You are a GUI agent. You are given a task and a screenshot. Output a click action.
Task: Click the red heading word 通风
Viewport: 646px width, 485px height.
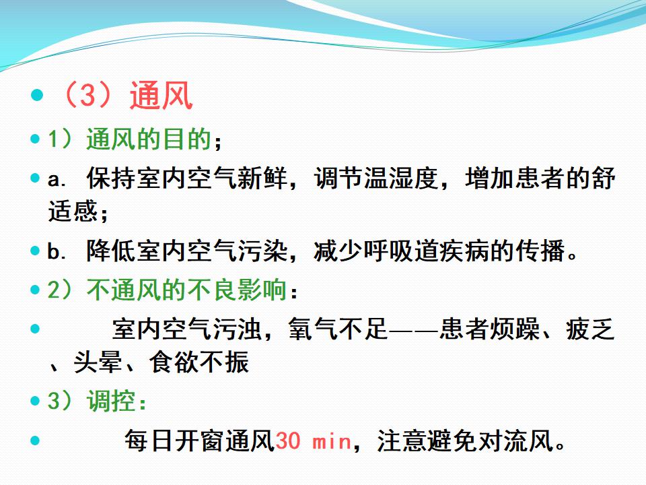[161, 95]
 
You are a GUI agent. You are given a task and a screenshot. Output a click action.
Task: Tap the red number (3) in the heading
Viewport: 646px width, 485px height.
[87, 95]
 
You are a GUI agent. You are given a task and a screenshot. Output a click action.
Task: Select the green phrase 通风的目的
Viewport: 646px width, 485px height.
[149, 139]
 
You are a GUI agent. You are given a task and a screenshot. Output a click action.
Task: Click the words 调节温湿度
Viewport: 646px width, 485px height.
[375, 178]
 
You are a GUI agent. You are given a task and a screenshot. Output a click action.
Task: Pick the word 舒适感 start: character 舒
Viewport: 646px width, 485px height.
[603, 178]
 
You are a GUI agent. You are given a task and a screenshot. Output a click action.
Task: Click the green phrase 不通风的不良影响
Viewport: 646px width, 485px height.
[186, 290]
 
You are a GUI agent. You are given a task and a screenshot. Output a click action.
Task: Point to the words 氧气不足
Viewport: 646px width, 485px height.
[338, 329]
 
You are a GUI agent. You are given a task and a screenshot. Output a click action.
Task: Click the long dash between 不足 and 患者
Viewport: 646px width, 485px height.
[414, 329]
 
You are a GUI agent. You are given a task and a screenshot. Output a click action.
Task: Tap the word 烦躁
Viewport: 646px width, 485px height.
[515, 329]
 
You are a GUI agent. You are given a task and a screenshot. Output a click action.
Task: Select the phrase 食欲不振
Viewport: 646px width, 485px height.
[199, 362]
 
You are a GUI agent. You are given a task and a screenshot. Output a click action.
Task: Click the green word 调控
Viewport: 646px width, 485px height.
[111, 400]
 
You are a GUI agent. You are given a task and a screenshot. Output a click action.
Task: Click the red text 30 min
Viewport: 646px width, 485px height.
[313, 441]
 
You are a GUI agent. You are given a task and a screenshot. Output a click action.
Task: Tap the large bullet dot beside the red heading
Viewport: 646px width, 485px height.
[37, 95]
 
